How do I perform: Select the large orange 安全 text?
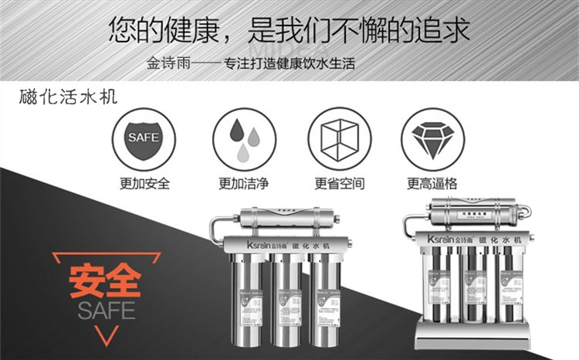click(x=105, y=283)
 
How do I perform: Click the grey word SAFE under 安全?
click(x=106, y=311)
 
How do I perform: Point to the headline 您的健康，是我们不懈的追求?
click(x=289, y=29)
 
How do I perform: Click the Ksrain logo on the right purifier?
click(x=444, y=240)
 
